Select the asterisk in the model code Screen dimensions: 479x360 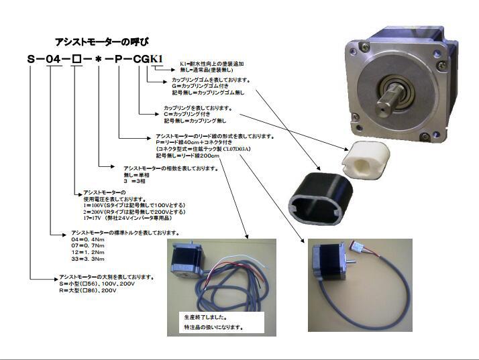click(x=99, y=60)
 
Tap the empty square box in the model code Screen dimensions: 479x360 click(x=75, y=60)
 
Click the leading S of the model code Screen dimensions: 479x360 click(x=32, y=60)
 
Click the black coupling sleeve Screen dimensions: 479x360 click(x=317, y=195)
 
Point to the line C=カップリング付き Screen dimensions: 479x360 click(x=194, y=114)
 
